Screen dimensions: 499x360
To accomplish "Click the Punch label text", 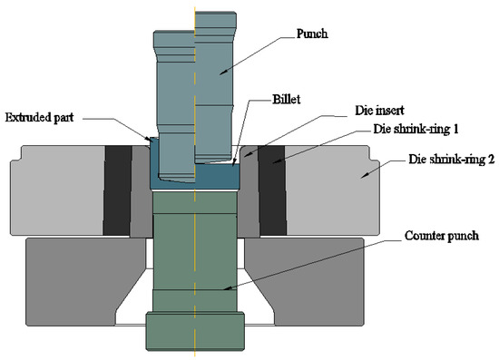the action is [x=312, y=34].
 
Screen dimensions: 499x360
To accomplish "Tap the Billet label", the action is [x=286, y=99].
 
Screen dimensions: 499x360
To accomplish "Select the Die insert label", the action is [x=379, y=111].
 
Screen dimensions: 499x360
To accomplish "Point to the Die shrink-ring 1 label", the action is [x=416, y=129].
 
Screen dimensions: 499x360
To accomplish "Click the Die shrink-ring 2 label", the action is [x=452, y=159].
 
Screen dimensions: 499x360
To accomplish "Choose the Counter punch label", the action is [x=442, y=236].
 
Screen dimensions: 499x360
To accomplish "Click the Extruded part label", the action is [x=39, y=117].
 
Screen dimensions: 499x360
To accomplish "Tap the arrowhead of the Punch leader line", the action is [x=222, y=73].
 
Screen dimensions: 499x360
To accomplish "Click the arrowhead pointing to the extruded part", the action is [x=148, y=139].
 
